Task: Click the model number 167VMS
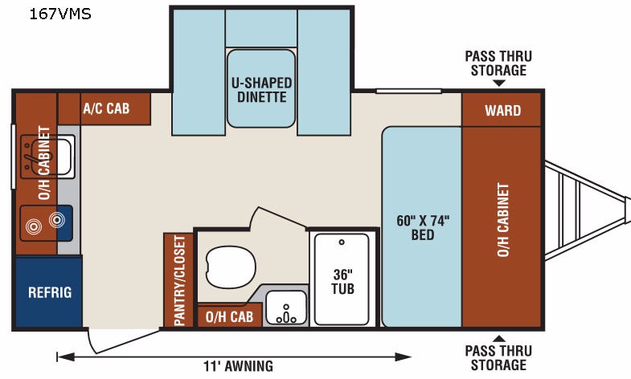point(60,14)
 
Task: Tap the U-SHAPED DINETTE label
point(261,90)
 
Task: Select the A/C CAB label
point(106,108)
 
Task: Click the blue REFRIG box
point(50,292)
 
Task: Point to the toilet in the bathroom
point(231,267)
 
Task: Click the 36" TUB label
point(343,281)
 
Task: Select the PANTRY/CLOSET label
point(179,280)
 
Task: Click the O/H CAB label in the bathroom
point(229,316)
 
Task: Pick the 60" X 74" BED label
point(423,227)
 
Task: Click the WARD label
point(503,110)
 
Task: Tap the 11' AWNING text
point(238,366)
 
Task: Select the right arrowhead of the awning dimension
point(403,357)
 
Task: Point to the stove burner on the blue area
point(57,220)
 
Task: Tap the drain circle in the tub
point(342,242)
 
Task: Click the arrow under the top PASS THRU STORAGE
point(499,84)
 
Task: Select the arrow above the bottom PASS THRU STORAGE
point(499,338)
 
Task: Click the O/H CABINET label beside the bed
point(503,220)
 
